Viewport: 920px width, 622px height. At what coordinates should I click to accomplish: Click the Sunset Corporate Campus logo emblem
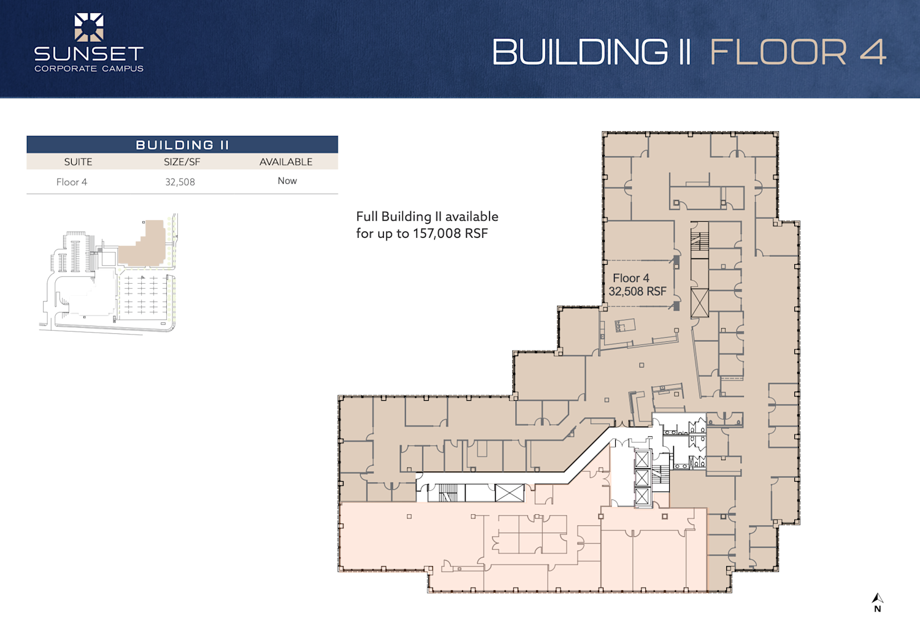pos(89,28)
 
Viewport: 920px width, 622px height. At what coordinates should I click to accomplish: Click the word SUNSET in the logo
pos(89,54)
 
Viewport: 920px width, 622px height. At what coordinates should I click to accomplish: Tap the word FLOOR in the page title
pos(778,52)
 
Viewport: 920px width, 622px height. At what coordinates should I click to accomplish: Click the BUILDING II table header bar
pos(182,145)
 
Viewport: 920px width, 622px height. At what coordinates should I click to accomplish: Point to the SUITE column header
pos(78,162)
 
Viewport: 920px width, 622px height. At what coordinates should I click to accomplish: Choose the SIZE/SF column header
pos(182,162)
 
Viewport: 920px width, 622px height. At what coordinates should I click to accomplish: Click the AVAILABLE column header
pos(286,162)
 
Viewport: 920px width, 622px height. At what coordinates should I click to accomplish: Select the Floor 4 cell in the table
pos(72,182)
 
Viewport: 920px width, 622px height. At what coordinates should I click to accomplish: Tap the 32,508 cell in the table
pos(180,182)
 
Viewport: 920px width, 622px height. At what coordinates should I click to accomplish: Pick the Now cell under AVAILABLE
pos(287,181)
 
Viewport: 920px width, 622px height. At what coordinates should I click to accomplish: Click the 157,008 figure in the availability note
pos(437,233)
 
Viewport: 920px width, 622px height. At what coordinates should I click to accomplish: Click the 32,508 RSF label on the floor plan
pos(637,291)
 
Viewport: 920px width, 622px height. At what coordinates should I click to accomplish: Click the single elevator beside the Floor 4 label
pos(699,303)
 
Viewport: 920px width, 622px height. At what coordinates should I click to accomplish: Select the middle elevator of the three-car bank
pos(642,478)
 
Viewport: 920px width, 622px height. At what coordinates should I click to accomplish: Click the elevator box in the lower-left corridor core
pos(509,493)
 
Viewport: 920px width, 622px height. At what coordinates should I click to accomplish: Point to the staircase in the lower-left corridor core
pos(448,493)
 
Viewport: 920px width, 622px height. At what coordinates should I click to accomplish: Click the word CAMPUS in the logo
pos(123,69)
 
